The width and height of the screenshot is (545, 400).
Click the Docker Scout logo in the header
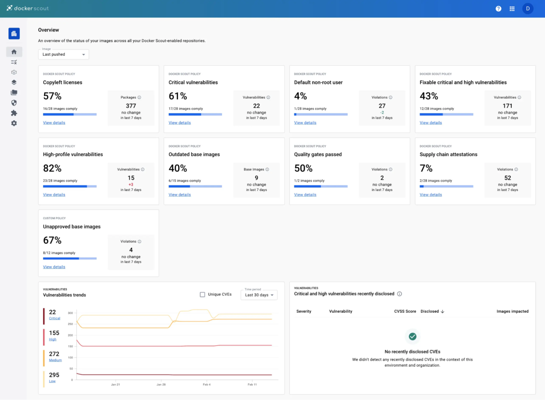tap(27, 8)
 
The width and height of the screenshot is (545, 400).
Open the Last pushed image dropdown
tap(64, 54)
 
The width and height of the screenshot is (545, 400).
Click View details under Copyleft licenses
tap(54, 123)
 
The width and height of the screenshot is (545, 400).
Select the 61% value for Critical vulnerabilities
tap(178, 96)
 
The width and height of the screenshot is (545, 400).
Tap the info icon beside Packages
tap(139, 97)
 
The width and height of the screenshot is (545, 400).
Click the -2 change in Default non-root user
tap(382, 112)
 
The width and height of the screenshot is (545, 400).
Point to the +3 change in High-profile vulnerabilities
tap(131, 184)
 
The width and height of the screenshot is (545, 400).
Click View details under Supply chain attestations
tap(430, 195)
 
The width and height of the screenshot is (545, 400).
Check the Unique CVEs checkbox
tap(202, 295)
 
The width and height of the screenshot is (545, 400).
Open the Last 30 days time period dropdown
tap(259, 295)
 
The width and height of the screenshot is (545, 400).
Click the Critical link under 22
tap(55, 319)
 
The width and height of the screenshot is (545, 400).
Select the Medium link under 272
tap(55, 360)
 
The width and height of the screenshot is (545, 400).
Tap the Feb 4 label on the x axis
tap(207, 384)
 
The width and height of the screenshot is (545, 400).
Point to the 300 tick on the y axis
tap(70, 313)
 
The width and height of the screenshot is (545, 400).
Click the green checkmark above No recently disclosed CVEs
tap(412, 336)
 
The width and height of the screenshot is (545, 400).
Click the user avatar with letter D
tap(528, 9)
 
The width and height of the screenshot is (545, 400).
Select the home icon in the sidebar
tap(14, 52)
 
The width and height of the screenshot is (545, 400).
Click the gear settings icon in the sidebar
tap(14, 123)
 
